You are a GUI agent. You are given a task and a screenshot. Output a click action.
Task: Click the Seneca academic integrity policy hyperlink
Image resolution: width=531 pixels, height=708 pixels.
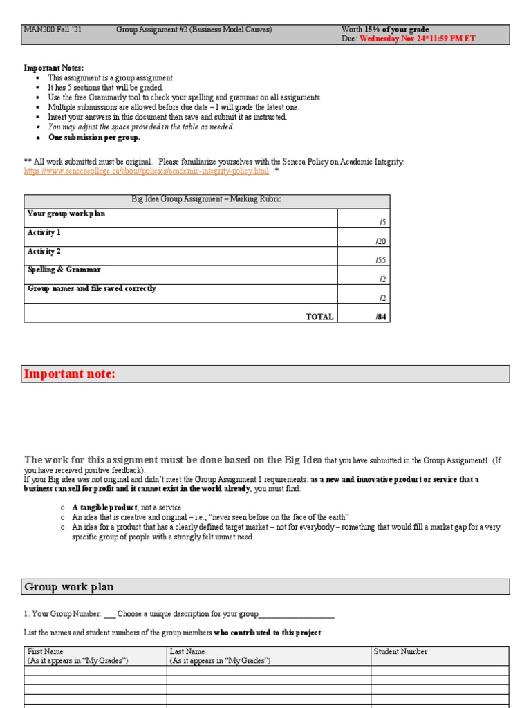147,171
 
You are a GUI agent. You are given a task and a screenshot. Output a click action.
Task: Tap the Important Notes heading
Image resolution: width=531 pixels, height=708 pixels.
54,68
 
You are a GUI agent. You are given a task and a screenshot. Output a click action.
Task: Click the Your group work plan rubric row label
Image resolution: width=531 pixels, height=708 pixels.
66,214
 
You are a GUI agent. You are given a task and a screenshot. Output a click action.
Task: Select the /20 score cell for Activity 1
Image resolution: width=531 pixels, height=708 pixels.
380,241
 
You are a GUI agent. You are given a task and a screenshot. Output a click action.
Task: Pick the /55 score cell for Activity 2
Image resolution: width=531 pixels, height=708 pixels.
380,260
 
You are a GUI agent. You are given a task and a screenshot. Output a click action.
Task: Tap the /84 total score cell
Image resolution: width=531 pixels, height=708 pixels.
380,317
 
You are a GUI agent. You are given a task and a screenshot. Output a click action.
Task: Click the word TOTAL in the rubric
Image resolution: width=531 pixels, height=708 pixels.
319,317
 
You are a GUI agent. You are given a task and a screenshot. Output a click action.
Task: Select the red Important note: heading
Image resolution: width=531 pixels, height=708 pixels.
70,374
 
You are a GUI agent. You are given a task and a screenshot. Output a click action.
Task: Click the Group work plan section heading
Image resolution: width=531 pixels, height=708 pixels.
69,587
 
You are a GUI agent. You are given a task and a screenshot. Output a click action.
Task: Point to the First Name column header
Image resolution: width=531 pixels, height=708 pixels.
45,651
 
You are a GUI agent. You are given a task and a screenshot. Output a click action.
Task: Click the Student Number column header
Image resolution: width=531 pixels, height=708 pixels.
400,651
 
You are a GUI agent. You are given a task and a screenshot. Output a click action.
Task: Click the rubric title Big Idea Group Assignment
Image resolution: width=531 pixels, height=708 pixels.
206,199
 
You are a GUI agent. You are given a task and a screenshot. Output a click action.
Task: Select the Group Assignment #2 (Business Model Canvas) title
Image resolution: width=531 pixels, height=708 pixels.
194,30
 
